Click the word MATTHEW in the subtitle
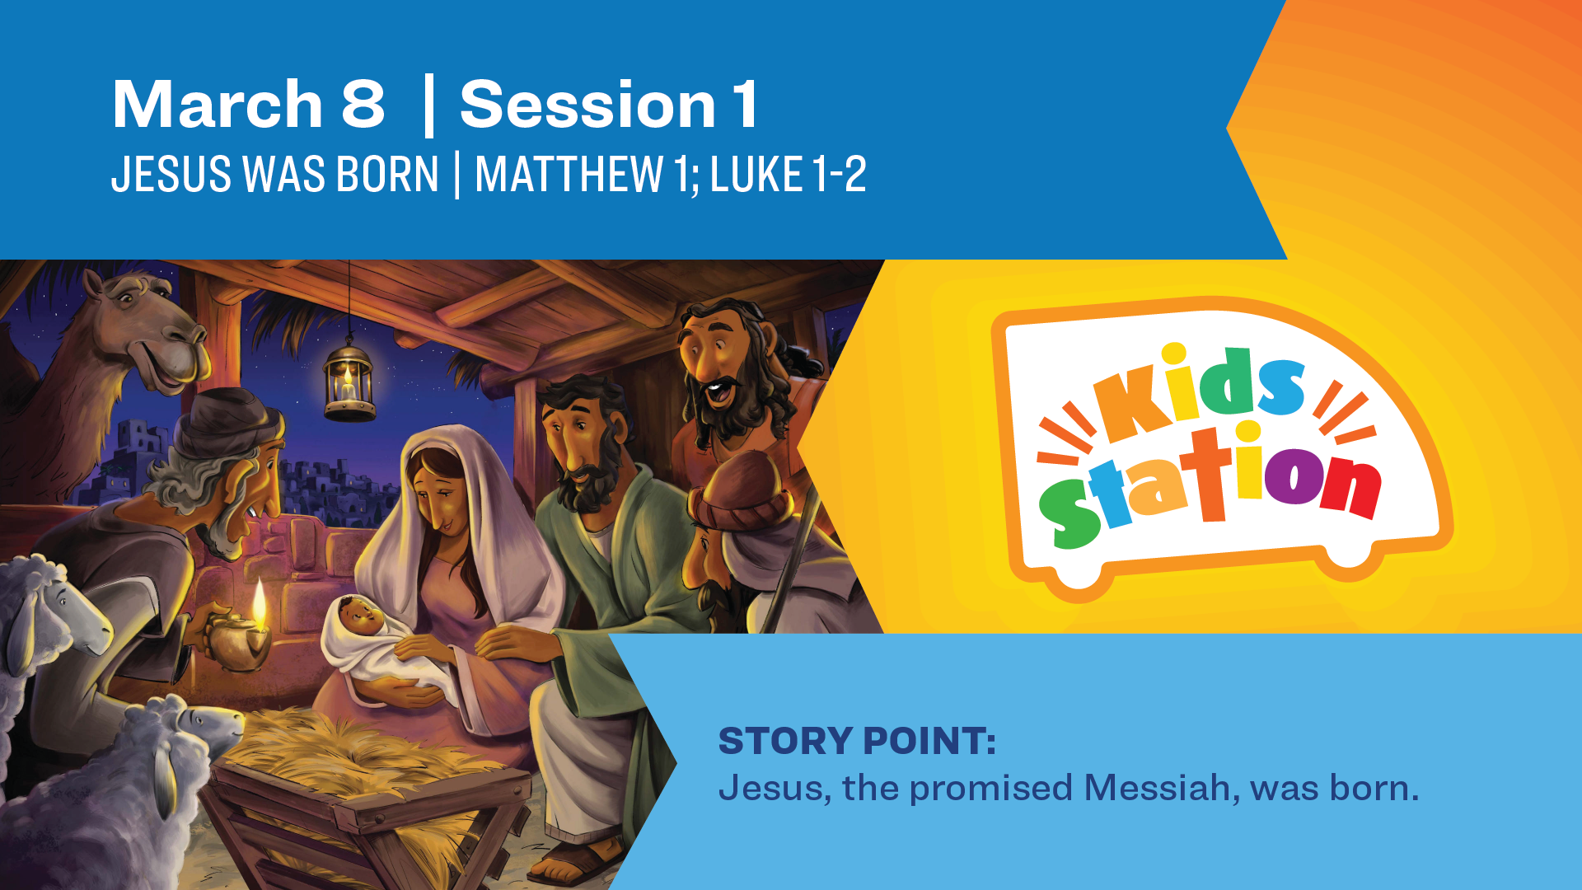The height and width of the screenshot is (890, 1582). pyautogui.click(x=569, y=174)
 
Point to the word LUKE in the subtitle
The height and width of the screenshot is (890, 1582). pyautogui.click(x=756, y=174)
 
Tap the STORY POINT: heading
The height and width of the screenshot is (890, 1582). pyautogui.click(x=857, y=740)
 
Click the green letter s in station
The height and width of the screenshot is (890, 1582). pyautogui.click(x=1069, y=512)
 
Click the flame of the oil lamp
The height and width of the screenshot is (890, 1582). pyautogui.click(x=260, y=601)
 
